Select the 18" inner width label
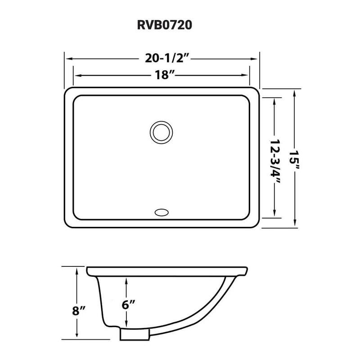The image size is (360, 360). pos(162,75)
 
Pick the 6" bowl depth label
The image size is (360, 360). pos(128,304)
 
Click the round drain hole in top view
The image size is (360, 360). pos(160,132)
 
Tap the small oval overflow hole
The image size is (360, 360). pos(161,211)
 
